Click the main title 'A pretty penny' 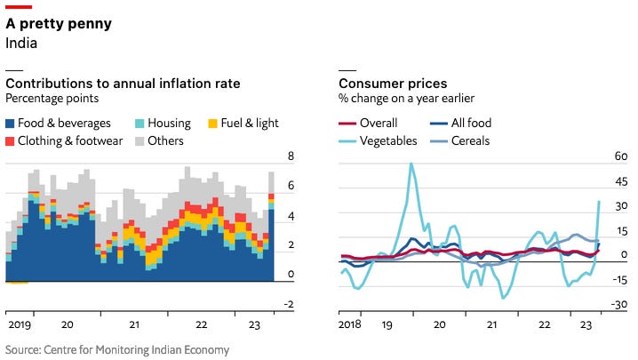click(x=59, y=24)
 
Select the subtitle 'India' click(x=21, y=43)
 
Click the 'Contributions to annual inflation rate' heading click(x=123, y=84)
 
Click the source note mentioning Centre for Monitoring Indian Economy click(x=117, y=350)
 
